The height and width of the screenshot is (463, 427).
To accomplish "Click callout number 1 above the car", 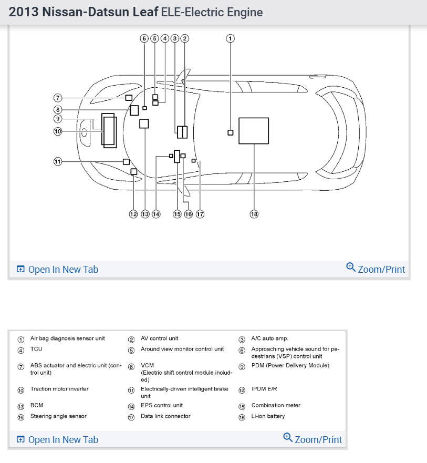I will click(x=230, y=38).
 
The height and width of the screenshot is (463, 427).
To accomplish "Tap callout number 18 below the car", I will click(x=254, y=214).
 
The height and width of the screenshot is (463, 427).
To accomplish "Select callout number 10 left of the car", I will click(x=58, y=131).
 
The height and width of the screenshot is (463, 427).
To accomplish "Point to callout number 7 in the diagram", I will click(x=58, y=98).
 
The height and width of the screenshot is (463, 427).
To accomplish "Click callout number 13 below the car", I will click(x=144, y=214).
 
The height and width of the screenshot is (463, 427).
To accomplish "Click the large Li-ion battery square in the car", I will click(x=254, y=131).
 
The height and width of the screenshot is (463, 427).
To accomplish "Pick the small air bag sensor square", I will click(x=230, y=132).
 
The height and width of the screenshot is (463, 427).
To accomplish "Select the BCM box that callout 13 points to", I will click(x=144, y=124).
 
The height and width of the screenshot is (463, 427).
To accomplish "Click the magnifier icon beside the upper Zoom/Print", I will click(x=351, y=267).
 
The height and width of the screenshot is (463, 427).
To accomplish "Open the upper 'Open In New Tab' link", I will click(x=57, y=270).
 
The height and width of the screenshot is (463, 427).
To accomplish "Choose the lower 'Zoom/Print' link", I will click(x=318, y=439).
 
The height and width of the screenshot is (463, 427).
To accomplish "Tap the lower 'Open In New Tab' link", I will click(x=57, y=439).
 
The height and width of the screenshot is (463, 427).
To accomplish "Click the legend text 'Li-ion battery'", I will click(x=268, y=416).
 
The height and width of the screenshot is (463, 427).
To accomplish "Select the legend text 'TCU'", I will click(x=36, y=349).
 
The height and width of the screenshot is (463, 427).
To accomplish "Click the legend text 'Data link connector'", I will click(x=165, y=416).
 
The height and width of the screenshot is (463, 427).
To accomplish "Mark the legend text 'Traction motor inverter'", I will click(x=59, y=389).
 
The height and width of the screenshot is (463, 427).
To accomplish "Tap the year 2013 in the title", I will click(x=24, y=12).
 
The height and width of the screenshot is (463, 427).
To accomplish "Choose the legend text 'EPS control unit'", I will click(x=162, y=405).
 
